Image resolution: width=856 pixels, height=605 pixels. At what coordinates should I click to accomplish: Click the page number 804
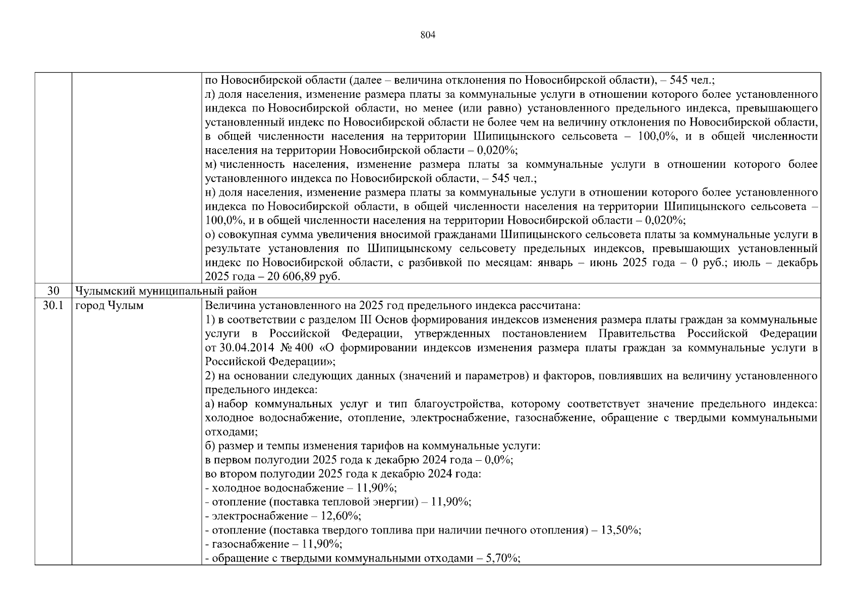point(427,35)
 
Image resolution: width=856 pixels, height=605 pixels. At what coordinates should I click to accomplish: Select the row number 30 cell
point(53,291)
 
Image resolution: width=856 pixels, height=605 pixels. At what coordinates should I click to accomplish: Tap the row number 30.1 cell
point(53,306)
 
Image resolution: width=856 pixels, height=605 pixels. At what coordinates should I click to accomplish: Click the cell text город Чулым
point(109,306)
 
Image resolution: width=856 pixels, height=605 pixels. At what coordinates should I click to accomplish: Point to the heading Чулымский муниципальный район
point(165,291)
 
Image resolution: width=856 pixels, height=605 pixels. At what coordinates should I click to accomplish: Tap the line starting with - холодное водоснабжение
point(301,488)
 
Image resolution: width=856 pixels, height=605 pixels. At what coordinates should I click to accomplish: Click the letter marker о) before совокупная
point(210,235)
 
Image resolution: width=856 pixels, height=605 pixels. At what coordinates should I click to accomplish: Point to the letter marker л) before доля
point(210,94)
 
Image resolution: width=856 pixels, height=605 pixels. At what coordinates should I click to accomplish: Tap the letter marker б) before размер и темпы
point(210,446)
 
